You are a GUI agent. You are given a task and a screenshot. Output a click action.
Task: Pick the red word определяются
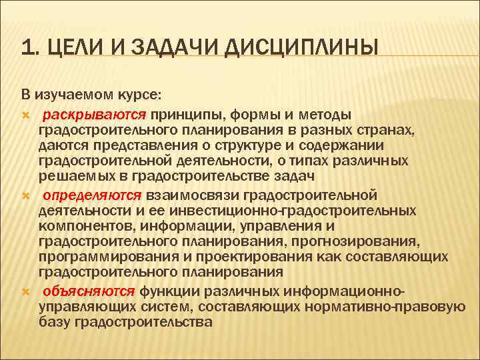(92, 195)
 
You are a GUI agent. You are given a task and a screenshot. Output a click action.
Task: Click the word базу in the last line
(55, 323)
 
